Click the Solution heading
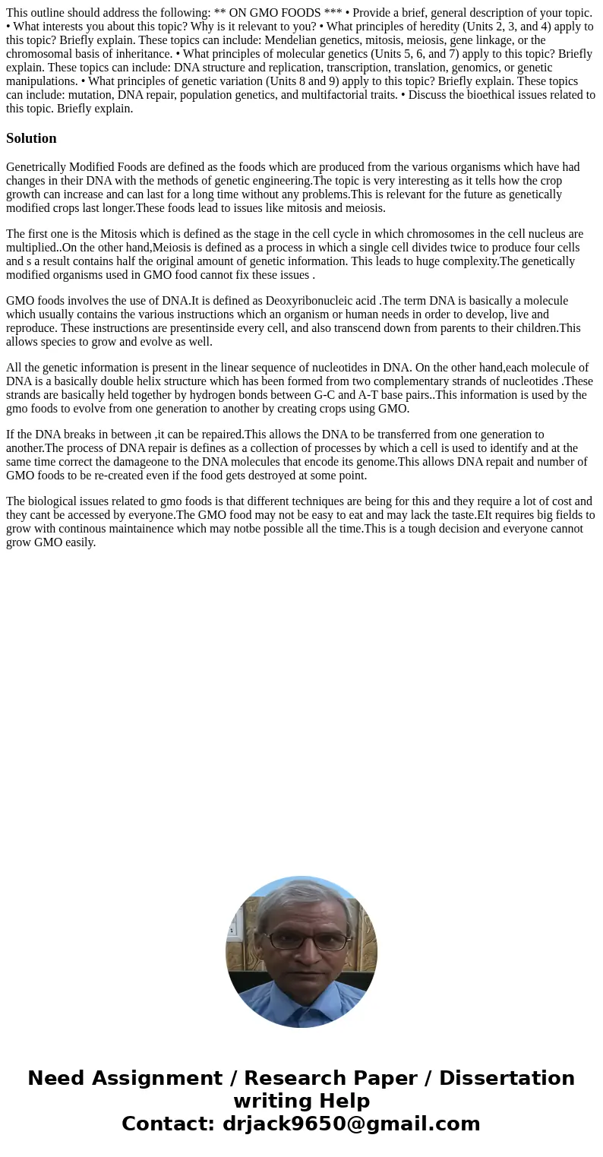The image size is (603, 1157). pos(31,138)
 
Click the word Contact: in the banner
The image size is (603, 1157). pos(168,1124)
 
